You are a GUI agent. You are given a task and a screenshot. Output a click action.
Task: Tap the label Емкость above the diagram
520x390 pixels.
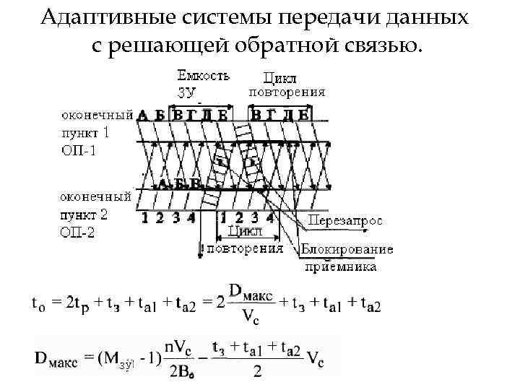204,74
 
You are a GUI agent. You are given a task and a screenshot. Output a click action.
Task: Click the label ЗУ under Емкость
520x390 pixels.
186,91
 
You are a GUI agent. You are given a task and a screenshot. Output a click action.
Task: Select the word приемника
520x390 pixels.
340,266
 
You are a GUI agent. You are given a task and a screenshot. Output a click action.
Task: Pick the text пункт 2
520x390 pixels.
84,214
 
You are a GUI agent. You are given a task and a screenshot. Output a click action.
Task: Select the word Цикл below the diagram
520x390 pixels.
244,231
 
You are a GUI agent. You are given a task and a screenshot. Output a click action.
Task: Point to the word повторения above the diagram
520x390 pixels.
287,92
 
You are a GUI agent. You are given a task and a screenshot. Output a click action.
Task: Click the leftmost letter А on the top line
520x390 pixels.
142,115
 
